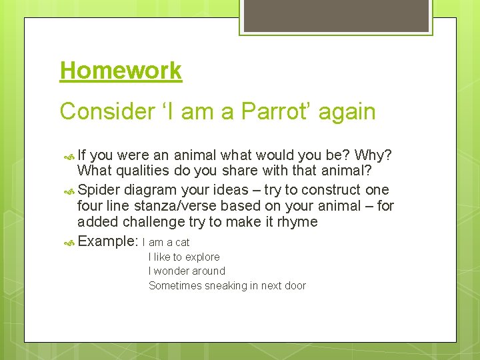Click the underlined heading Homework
121,71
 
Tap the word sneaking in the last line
221,285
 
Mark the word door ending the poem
293,285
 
